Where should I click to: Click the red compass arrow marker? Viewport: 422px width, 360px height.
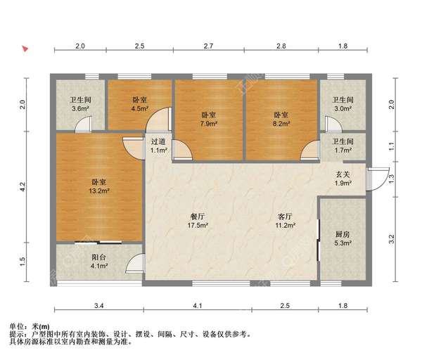pos(25,49)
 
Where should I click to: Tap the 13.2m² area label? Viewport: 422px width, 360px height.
pos(99,191)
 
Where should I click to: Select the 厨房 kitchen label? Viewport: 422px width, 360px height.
pos(343,234)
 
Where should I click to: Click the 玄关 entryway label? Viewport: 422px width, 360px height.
pos(343,174)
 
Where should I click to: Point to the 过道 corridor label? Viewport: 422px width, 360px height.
pos(158,141)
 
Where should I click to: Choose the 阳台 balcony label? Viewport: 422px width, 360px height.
pos(98,257)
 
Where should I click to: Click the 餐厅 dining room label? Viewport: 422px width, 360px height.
pos(198,217)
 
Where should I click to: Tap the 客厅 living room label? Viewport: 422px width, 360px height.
pos(285,217)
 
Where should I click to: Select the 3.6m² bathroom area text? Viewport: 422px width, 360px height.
pos(81,109)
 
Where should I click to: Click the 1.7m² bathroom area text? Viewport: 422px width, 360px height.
pos(343,150)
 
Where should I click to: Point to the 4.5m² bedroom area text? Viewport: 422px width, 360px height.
pos(140,109)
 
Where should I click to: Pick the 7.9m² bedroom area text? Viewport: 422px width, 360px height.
pos(209,124)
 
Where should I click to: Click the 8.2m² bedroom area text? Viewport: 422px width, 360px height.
pos(281,124)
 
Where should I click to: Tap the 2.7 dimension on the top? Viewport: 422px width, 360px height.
pos(208,46)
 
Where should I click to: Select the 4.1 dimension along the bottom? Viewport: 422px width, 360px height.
pos(198,306)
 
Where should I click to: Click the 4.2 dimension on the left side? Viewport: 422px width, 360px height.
pos(23,187)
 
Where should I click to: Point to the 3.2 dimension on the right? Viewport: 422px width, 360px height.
pos(392,239)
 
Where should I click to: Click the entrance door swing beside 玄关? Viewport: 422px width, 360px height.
pos(378,179)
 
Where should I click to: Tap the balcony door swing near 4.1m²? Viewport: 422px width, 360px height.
pos(134,264)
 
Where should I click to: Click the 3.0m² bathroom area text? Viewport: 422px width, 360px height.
pos(343,109)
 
